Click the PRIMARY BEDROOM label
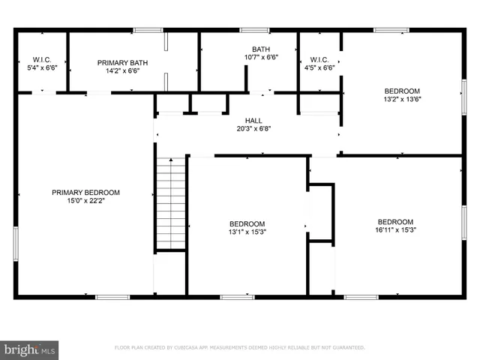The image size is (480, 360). pos(85,193)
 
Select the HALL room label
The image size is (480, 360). pos(253,120)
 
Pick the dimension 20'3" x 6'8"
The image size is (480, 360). pos(253,128)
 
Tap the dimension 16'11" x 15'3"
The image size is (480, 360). pos(395,230)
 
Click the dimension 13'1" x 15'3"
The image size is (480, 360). pos(247,232)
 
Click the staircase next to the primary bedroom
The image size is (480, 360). pos(171,202)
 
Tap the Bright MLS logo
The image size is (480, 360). pos(30,349)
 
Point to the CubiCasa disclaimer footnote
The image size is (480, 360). pos(239,348)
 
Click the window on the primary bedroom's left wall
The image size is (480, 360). pos(15,244)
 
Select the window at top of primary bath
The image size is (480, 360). pos(148,30)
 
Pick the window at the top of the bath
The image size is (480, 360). pos(254,30)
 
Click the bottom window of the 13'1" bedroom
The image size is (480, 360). pos(237,297)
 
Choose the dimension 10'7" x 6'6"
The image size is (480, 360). pos(261,57)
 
